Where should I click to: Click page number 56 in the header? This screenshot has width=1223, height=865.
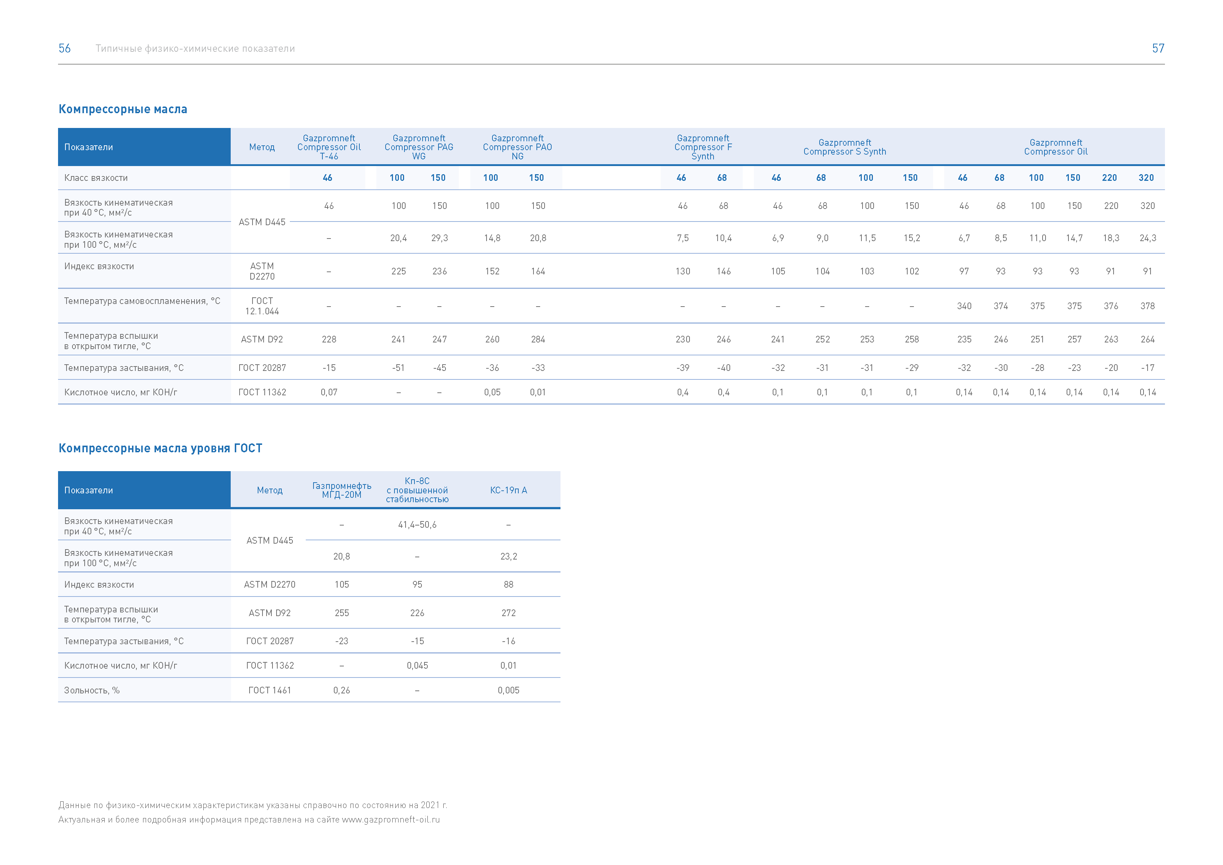tap(64, 48)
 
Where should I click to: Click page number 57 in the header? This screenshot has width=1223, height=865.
tap(1158, 48)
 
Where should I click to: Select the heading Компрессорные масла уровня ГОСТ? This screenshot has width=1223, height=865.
tap(160, 448)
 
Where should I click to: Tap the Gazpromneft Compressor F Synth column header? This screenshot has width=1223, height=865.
tap(703, 147)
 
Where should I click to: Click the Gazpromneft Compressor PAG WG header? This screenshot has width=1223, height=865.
tap(419, 147)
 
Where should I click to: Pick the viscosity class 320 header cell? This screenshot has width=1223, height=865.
tap(1146, 178)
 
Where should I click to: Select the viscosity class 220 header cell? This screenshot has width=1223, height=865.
tap(1109, 178)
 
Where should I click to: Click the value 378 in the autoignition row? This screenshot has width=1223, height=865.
tap(1147, 306)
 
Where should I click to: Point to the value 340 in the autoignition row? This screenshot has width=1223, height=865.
tap(964, 306)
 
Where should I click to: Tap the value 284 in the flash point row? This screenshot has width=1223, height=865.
tap(538, 339)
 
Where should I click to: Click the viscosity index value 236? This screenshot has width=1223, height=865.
tap(440, 271)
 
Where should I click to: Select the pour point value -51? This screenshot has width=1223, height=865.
tap(399, 368)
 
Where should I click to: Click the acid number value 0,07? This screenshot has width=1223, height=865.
tap(329, 392)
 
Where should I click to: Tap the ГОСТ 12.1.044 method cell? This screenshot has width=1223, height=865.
tap(262, 306)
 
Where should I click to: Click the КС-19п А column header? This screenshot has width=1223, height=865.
tap(509, 490)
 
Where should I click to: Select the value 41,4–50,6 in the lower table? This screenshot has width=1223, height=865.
tap(417, 525)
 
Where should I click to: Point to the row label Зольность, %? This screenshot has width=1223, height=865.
tap(92, 690)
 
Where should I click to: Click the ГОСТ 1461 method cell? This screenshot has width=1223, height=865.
tap(270, 690)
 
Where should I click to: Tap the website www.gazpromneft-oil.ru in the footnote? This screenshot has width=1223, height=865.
tap(391, 820)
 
